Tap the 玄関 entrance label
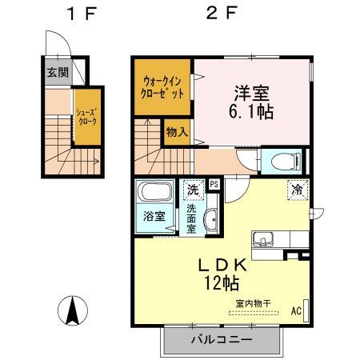click(x=57, y=73)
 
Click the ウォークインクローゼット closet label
click(x=163, y=86)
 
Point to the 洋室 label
click(x=250, y=90)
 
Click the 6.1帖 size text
click(x=250, y=112)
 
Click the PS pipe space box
click(x=214, y=183)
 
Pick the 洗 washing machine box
click(x=192, y=190)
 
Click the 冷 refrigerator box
click(x=295, y=190)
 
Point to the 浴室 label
click(x=153, y=217)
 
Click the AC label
click(x=296, y=310)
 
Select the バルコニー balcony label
click(x=221, y=339)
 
